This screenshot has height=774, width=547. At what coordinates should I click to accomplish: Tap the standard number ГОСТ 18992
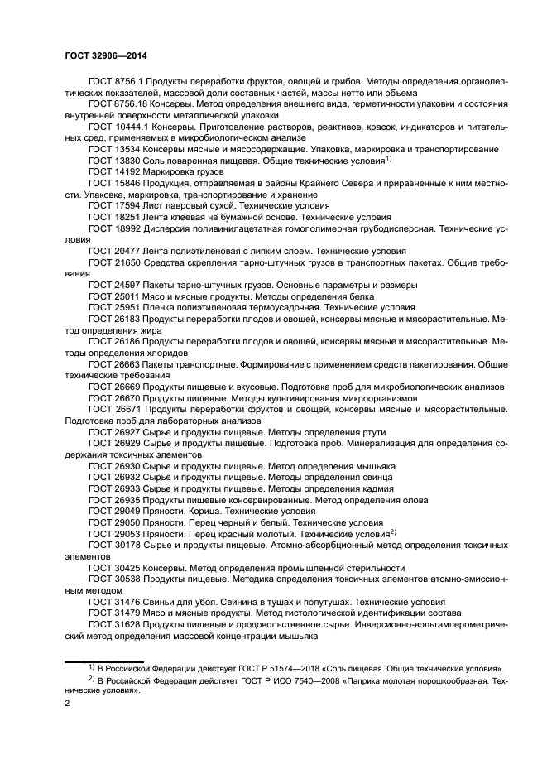click(x=113, y=228)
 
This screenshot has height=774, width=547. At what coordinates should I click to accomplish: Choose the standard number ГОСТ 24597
click(x=113, y=284)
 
